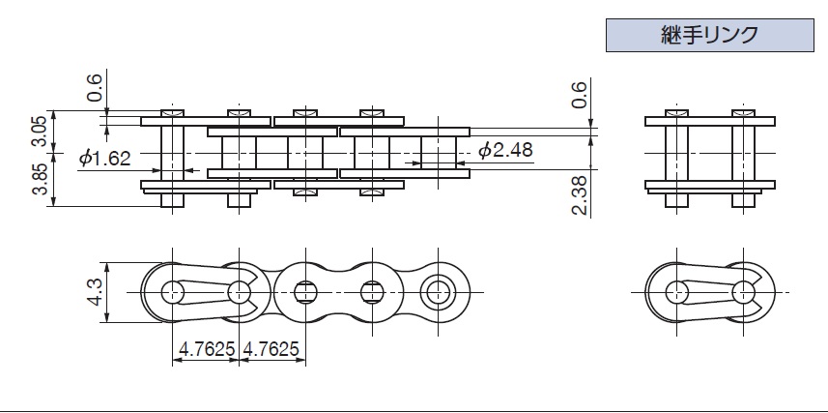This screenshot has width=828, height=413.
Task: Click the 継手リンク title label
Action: click(709, 36)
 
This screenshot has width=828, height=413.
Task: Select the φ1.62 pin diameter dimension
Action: click(105, 158)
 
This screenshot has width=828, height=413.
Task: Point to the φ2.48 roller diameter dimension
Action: click(505, 150)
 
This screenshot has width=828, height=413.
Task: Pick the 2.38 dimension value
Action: click(580, 195)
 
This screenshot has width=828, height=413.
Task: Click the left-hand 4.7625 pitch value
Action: click(207, 349)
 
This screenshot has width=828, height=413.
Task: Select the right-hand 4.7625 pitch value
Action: click(271, 349)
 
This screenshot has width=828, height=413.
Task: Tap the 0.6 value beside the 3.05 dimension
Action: click(94, 88)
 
